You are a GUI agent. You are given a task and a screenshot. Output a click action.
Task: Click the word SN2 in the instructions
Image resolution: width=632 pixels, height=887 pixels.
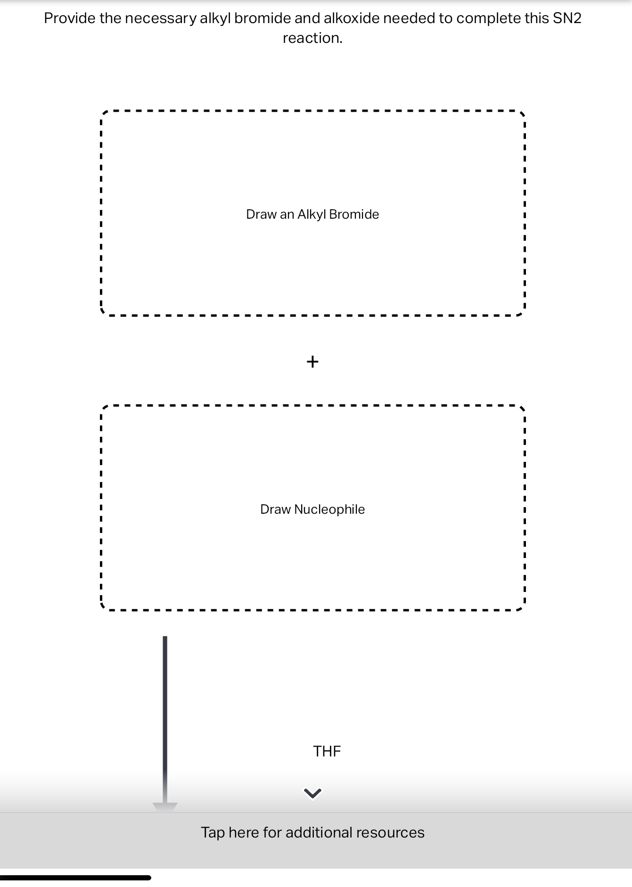tap(567, 18)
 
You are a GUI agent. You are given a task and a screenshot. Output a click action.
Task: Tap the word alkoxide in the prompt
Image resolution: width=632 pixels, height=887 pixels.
tap(352, 18)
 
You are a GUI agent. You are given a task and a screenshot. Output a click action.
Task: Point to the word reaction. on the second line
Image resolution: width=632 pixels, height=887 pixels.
tap(312, 38)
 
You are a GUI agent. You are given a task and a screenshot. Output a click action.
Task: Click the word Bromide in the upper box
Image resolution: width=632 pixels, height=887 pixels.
tap(354, 214)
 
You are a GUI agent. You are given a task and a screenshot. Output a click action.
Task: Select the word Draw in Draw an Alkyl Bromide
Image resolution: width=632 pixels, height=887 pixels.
tap(261, 214)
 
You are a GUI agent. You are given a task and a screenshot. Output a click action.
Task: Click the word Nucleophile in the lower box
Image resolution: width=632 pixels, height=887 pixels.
tap(329, 509)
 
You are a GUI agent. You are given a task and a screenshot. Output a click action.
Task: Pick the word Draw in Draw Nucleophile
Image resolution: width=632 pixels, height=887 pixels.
tap(275, 509)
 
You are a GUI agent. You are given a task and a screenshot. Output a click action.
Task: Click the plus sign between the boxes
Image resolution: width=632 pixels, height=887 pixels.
tap(312, 361)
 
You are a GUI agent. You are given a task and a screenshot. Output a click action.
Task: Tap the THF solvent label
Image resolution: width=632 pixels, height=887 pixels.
tap(327, 751)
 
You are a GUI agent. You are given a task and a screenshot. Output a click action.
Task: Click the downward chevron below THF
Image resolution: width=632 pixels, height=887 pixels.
tap(313, 794)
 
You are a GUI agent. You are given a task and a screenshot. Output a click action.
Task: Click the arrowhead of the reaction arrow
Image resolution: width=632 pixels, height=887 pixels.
tap(165, 806)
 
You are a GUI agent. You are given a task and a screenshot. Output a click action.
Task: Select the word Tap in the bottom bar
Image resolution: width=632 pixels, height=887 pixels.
tap(213, 833)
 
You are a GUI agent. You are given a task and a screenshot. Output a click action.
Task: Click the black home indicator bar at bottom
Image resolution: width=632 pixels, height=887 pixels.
tap(75, 878)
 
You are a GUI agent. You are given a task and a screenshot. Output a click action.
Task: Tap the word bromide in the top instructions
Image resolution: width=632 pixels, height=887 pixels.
tap(263, 18)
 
